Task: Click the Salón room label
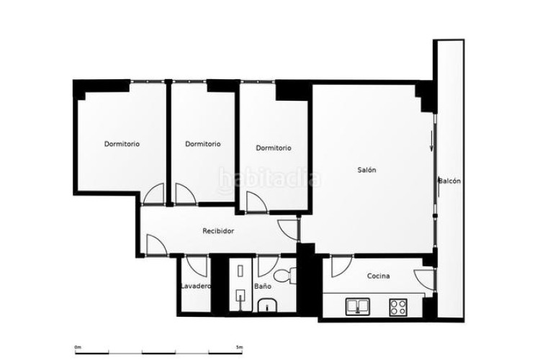coord(366,170)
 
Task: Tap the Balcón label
coord(450,181)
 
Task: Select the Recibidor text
coord(218,231)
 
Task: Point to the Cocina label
coord(379,276)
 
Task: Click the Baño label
coord(262,286)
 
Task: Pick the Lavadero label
coord(196,286)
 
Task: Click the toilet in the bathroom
coord(285,276)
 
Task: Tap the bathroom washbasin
coord(267,305)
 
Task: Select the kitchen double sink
coord(357,307)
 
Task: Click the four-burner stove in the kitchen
coord(398,307)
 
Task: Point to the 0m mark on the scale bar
coord(78,347)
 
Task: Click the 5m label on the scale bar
coord(240,347)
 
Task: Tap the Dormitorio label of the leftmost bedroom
coord(122,144)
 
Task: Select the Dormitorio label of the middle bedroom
coord(203,144)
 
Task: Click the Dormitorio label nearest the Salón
coord(274,148)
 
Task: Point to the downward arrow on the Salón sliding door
coord(431,140)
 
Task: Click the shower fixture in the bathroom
coord(240,287)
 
